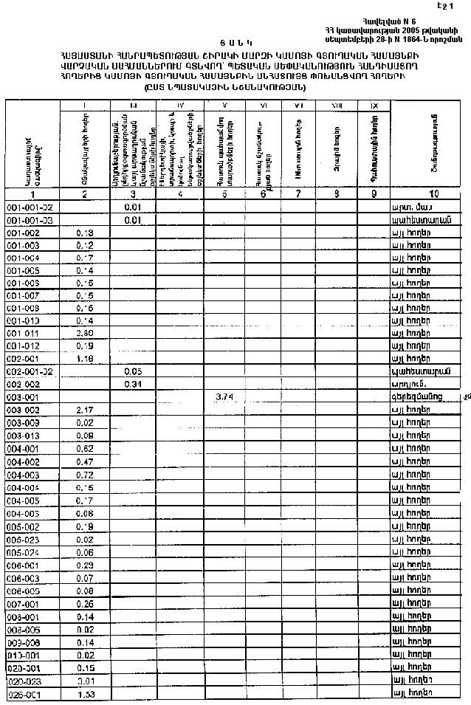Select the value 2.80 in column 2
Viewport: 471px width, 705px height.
[85, 333]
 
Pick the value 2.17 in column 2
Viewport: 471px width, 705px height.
[85, 410]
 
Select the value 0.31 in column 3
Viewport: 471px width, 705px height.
[133, 384]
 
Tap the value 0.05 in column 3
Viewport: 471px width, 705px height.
[133, 371]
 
